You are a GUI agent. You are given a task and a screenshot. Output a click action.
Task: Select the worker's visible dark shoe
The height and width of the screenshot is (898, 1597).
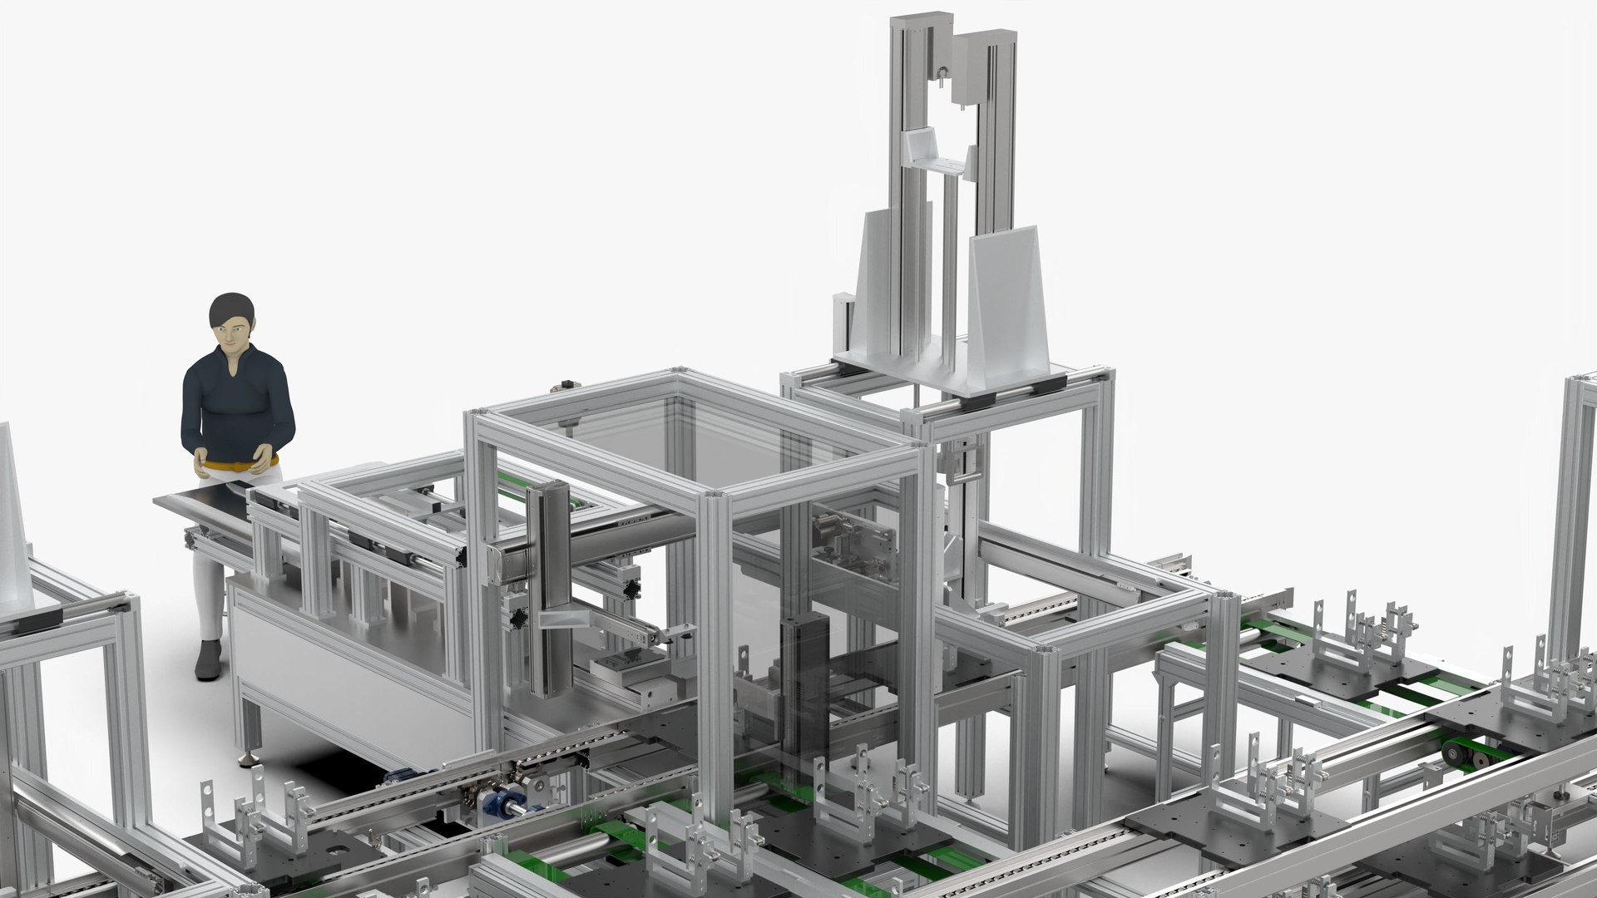click(x=208, y=661)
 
